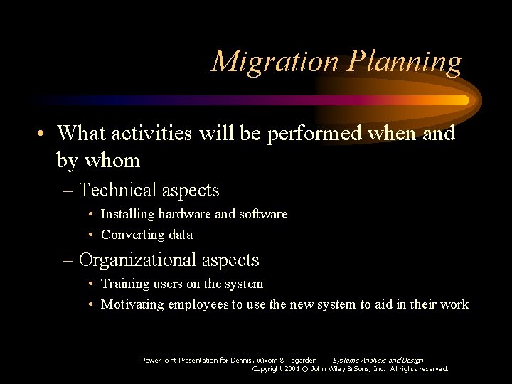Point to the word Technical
(x=118, y=191)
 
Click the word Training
(x=124, y=284)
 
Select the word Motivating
(x=132, y=304)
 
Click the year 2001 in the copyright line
(x=292, y=369)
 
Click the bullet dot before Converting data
(x=93, y=235)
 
